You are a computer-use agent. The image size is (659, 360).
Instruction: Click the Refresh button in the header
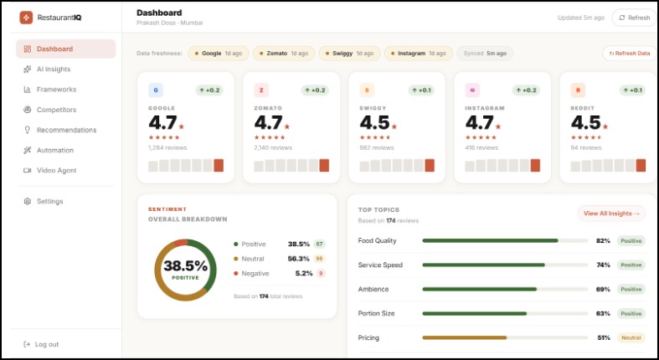pyautogui.click(x=634, y=18)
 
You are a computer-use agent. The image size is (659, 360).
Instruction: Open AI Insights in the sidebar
pyautogui.click(x=54, y=69)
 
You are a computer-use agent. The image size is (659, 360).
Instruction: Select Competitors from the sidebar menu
pyautogui.click(x=56, y=110)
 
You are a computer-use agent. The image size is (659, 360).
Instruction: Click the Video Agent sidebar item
pyautogui.click(x=56, y=170)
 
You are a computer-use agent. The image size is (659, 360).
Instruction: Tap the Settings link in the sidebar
pyautogui.click(x=49, y=201)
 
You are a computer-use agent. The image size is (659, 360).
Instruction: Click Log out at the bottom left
pyautogui.click(x=47, y=344)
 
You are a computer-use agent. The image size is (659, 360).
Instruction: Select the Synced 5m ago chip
pyautogui.click(x=486, y=53)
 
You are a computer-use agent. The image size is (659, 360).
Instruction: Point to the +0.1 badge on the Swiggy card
pyautogui.click(x=422, y=90)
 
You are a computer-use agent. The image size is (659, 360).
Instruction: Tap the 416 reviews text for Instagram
pyautogui.click(x=482, y=147)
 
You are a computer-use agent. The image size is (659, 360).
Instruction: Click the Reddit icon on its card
pyautogui.click(x=577, y=90)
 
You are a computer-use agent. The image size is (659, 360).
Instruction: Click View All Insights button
pyautogui.click(x=611, y=213)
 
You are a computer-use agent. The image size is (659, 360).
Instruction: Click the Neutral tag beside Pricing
pyautogui.click(x=631, y=337)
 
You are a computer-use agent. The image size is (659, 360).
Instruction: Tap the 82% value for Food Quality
pyautogui.click(x=602, y=240)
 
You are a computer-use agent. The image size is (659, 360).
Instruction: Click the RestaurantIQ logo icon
pyautogui.click(x=26, y=17)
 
